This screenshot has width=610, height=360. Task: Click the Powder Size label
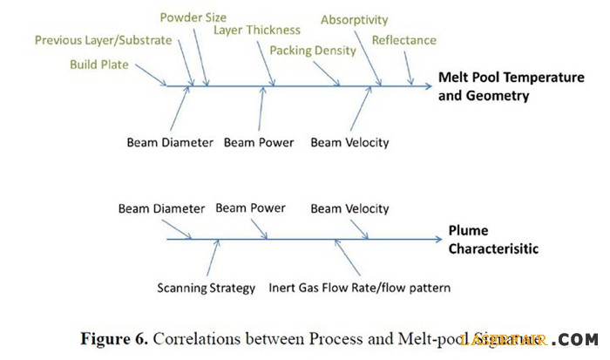pos(193,17)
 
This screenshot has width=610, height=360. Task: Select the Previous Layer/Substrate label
pos(104,40)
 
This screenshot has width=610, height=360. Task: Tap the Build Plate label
pos(98,65)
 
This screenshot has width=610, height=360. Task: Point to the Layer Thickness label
pos(257,31)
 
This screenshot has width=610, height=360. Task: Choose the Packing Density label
pos(313,51)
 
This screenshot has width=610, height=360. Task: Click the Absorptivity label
pos(354,19)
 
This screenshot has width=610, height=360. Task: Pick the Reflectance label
pos(403,40)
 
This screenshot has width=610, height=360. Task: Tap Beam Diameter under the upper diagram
pos(170,143)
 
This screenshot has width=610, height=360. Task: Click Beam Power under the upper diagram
pos(259,143)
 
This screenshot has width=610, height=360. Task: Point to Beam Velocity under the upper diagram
pos(349,143)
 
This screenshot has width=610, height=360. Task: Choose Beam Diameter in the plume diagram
pos(161,209)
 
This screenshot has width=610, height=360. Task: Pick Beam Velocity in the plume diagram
pos(349,209)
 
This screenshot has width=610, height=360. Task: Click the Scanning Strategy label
pos(207,288)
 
